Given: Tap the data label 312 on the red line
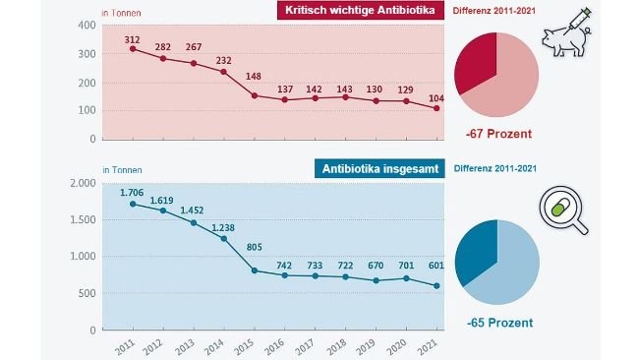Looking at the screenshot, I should point(132,39).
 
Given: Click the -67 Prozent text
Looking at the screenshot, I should point(497,134).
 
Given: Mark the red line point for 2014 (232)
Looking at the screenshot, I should point(223,72).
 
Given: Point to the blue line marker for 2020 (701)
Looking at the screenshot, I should point(405,278).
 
